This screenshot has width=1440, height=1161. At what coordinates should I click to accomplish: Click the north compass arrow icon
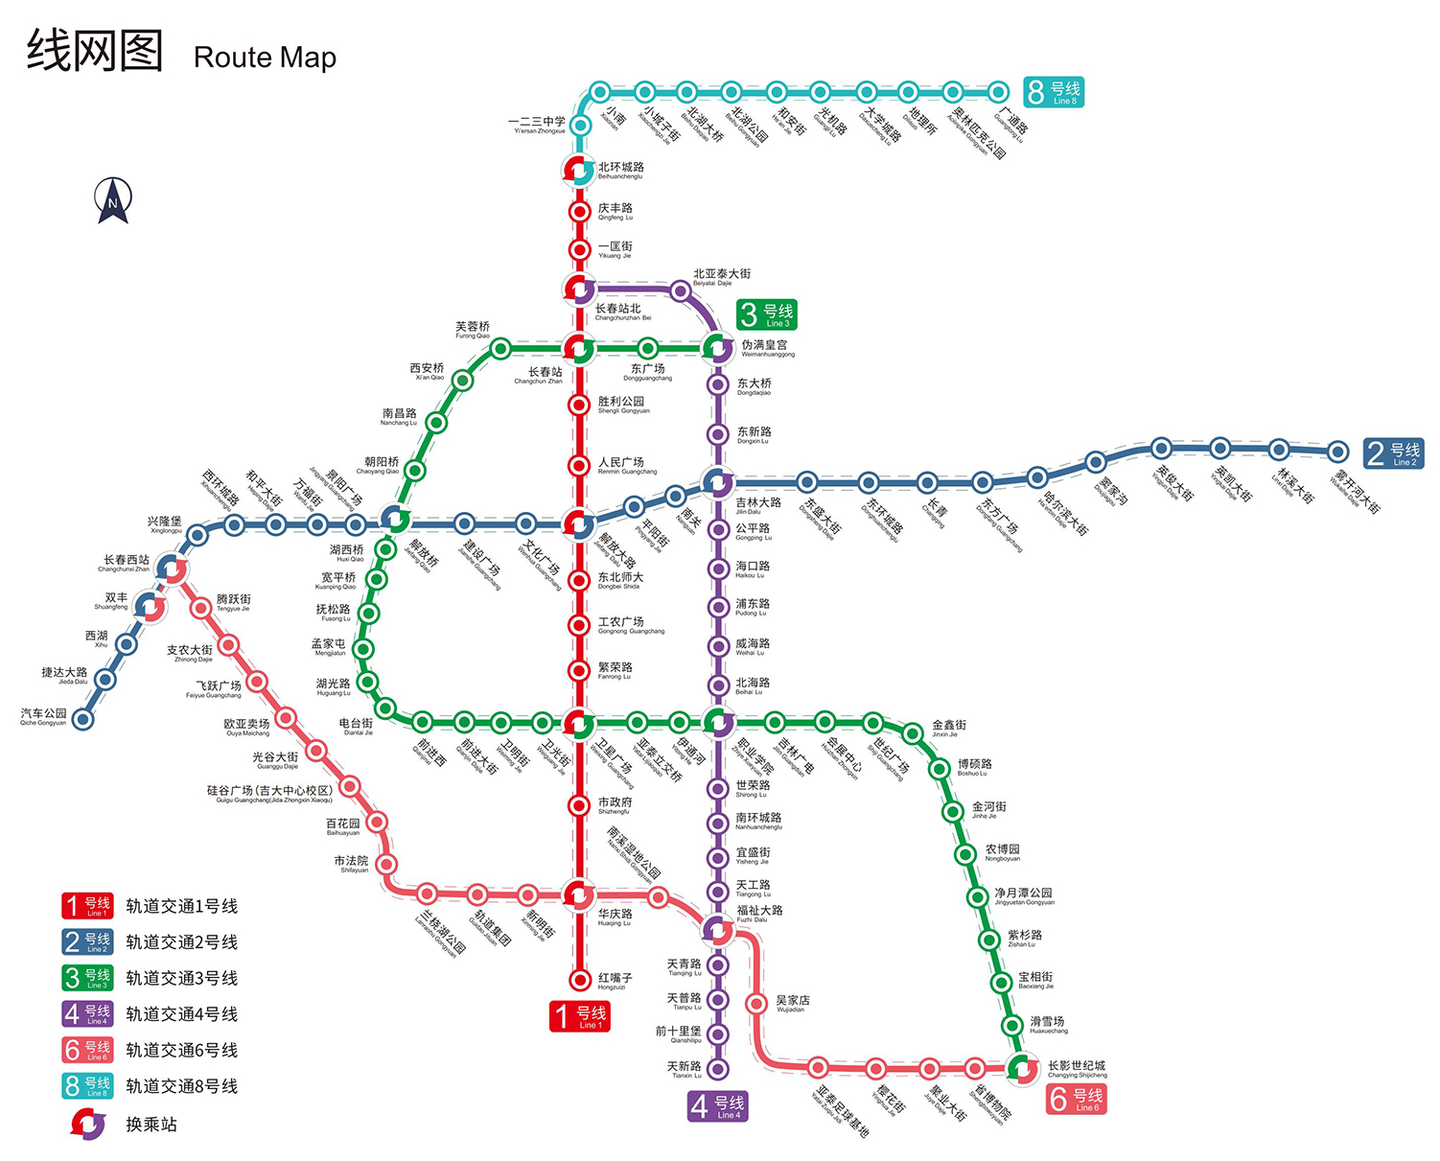(x=112, y=200)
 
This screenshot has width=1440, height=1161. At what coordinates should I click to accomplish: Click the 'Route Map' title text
(x=265, y=58)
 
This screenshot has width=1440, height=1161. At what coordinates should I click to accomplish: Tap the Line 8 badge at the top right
(x=1053, y=92)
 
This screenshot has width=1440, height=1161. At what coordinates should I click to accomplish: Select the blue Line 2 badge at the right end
(x=1393, y=453)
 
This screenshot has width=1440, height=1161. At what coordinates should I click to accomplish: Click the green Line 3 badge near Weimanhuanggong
(x=766, y=314)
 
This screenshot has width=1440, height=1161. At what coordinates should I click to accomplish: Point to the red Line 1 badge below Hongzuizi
(x=580, y=1016)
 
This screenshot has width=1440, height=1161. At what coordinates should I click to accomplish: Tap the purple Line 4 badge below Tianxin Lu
(x=717, y=1106)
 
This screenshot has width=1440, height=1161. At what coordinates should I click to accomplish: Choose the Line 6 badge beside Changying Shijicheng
(x=1077, y=1099)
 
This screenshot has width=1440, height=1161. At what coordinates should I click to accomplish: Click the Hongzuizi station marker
(x=579, y=979)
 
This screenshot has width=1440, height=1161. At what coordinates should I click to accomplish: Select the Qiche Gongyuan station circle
(x=83, y=719)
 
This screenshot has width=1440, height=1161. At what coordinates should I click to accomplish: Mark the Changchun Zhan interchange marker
(x=578, y=348)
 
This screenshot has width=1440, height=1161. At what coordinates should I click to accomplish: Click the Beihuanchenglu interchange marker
(x=578, y=171)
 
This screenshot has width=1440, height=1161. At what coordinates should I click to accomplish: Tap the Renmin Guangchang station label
(x=627, y=466)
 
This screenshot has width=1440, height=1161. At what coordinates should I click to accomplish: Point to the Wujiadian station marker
(x=756, y=1004)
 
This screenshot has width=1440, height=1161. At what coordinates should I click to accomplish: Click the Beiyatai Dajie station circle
(x=680, y=290)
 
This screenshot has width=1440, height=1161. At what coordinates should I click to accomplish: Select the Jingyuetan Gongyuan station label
(x=1023, y=896)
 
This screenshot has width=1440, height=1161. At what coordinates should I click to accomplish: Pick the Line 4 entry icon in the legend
(x=87, y=1013)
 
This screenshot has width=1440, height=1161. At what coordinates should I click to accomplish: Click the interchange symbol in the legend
(x=88, y=1124)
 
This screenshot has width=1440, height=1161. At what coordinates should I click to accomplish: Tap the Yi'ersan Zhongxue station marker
(x=579, y=126)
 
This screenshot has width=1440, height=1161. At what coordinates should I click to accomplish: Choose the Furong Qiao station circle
(x=499, y=349)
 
